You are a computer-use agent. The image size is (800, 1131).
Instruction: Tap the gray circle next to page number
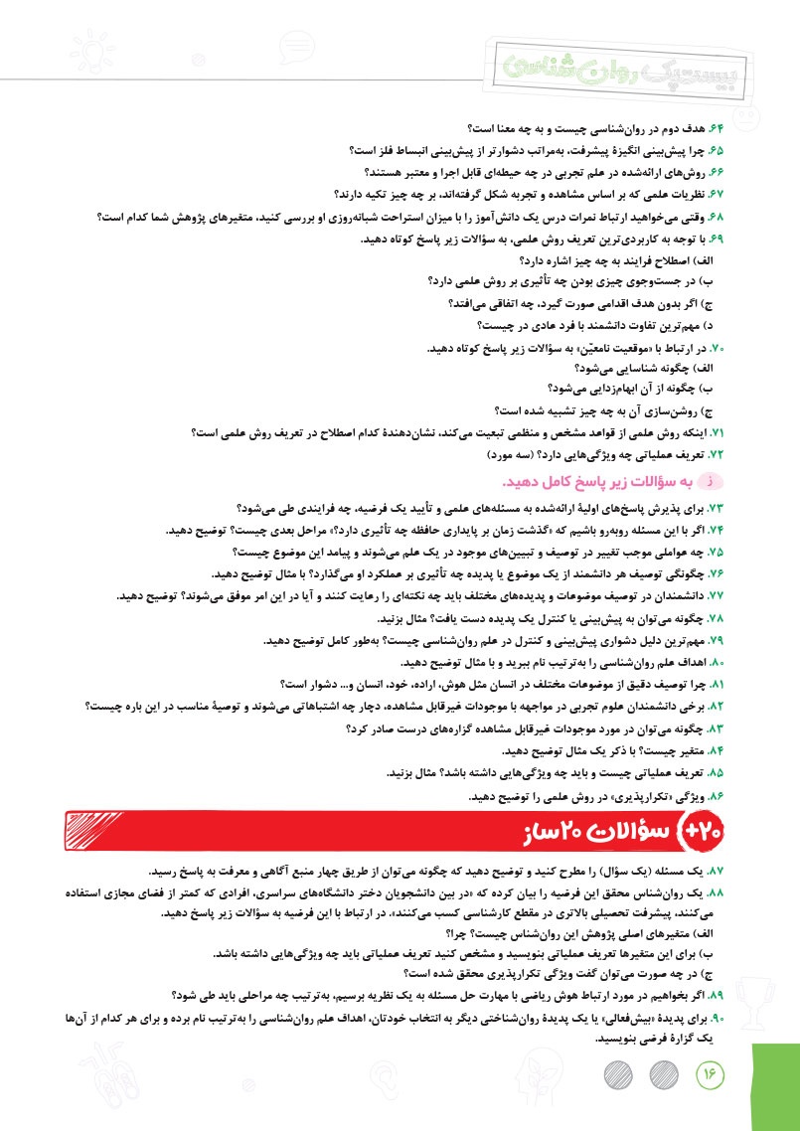662,1074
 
